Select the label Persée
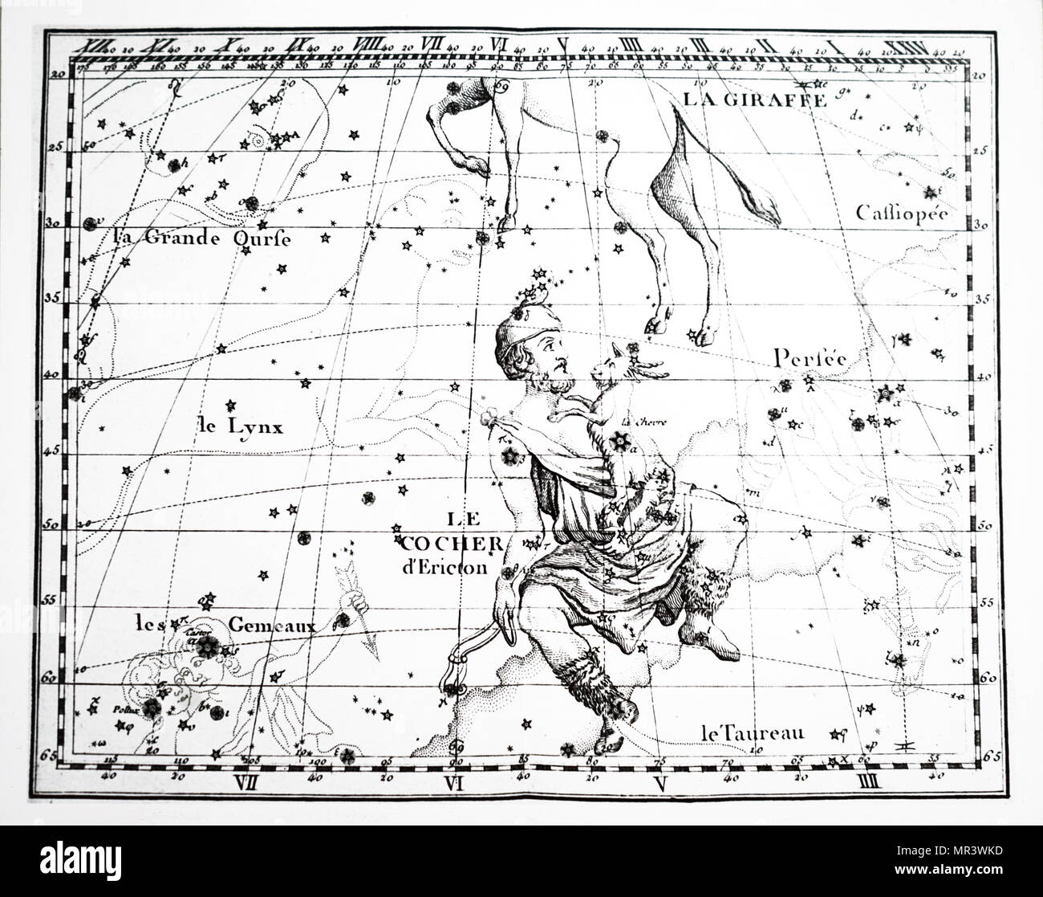810,357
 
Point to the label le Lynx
240,426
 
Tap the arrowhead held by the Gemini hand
371,642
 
